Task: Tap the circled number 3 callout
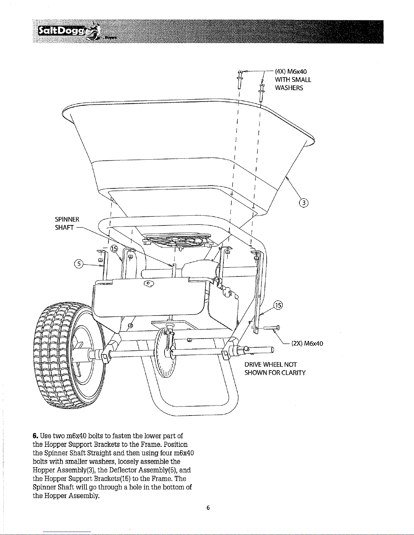(x=303, y=203)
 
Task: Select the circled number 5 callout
(x=79, y=264)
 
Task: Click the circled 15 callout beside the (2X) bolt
(x=278, y=305)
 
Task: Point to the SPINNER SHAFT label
(x=67, y=223)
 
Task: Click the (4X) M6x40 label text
(x=291, y=72)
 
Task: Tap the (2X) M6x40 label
(x=307, y=344)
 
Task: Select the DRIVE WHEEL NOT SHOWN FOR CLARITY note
(x=275, y=369)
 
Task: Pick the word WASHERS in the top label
(x=289, y=88)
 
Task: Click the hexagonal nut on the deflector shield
(x=149, y=284)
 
